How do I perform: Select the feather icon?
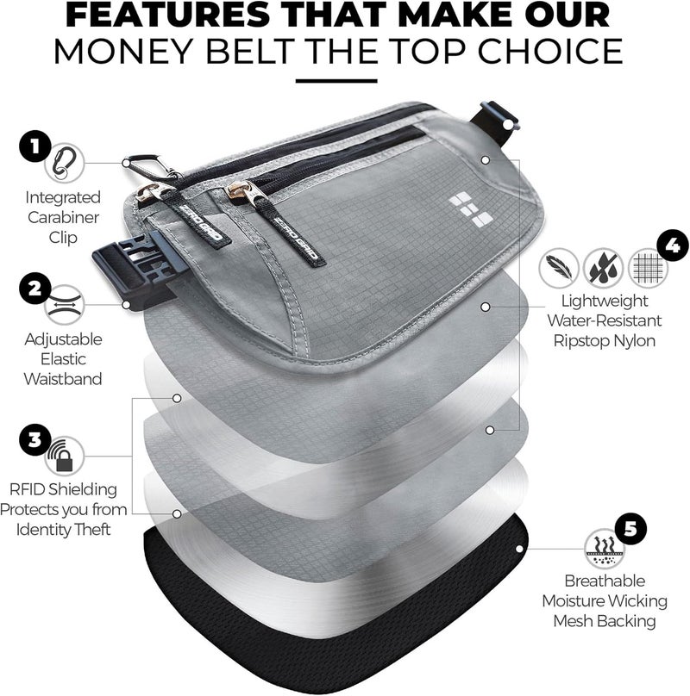point(558,267)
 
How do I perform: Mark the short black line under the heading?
point(343,82)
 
